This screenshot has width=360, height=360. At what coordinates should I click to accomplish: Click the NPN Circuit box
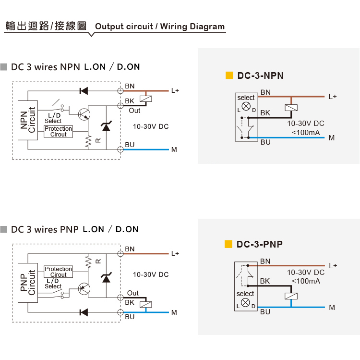tap(28, 120)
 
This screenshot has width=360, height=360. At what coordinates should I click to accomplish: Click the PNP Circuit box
tap(28, 283)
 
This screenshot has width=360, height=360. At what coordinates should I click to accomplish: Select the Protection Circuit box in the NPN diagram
tap(58, 132)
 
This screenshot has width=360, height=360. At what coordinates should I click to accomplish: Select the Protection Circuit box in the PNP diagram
tap(58, 272)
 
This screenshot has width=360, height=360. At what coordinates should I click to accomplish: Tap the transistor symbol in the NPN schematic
tap(84, 114)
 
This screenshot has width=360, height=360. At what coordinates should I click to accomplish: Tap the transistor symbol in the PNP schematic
tap(84, 289)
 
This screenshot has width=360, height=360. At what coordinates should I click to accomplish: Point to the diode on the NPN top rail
tap(84, 91)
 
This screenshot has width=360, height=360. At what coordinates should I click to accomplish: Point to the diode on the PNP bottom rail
tap(84, 312)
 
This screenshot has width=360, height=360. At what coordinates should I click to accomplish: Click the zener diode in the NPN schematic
tap(106, 126)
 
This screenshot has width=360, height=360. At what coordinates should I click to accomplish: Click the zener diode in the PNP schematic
tap(106, 277)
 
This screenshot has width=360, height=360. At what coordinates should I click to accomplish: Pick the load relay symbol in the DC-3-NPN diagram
tap(291, 108)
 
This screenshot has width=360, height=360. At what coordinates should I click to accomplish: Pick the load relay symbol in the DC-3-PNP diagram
tap(291, 296)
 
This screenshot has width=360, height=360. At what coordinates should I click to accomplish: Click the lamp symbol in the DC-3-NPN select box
tap(246, 106)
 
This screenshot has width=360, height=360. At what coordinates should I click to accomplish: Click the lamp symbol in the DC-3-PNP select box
tap(245, 302)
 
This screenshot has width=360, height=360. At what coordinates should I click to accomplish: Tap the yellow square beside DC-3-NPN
tap(229, 75)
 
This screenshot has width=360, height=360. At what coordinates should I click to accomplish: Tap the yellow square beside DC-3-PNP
tap(228, 244)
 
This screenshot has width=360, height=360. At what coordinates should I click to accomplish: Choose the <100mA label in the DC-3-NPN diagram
tap(306, 133)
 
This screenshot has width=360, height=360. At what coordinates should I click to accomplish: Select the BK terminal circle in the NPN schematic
tap(120, 106)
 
